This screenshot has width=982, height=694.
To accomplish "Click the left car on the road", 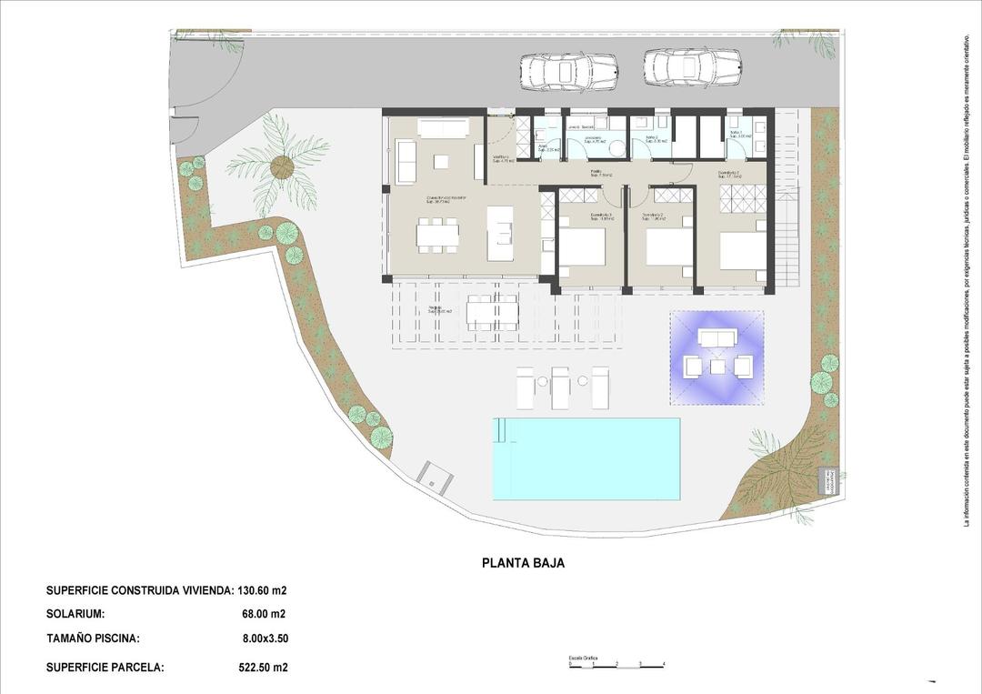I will coord(568,71).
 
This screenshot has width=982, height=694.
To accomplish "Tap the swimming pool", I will coord(586,458).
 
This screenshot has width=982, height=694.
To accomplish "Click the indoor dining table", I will coord(436,234).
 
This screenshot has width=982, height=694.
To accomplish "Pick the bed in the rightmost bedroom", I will coord(743,250).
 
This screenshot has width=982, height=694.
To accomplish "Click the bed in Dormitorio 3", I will coord(582,247).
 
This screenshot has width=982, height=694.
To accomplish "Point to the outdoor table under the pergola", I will coord(492,312).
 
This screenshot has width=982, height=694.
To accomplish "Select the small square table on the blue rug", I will coord(717,367).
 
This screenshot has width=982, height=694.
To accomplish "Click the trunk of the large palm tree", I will coord(283,166).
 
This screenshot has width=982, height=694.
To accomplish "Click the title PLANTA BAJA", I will coord(523,563).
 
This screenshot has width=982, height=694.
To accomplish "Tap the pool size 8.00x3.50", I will coord(265,639).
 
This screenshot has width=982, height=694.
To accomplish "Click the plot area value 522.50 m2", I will coord(263,668).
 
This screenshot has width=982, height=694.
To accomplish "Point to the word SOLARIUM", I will coord(75,614).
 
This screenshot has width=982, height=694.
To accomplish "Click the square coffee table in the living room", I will coord(441,162).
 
